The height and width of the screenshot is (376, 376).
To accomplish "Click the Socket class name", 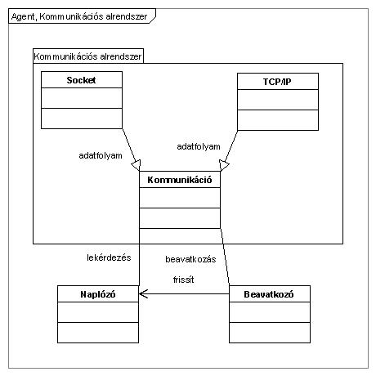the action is pyautogui.click(x=81, y=80).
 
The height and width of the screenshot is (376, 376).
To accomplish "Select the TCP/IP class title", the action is pyautogui.click(x=277, y=82).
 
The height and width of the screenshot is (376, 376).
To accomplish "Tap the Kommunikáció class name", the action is pyautogui.click(x=180, y=180).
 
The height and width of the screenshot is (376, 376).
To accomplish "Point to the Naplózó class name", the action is pyautogui.click(x=98, y=294).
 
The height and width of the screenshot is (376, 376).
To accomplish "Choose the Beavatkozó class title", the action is pyautogui.click(x=269, y=294).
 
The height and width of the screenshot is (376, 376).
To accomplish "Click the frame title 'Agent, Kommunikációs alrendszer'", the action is pyautogui.click(x=79, y=16).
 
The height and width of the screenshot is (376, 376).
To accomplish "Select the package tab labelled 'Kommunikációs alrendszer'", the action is pyautogui.click(x=87, y=56).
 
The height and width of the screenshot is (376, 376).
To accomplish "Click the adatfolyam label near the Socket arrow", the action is pyautogui.click(x=101, y=155).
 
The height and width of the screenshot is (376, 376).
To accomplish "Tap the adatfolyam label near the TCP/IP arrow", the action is pyautogui.click(x=199, y=146).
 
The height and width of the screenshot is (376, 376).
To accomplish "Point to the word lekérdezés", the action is pyautogui.click(x=109, y=257).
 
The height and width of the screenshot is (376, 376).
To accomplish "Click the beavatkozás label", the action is pyautogui.click(x=190, y=259).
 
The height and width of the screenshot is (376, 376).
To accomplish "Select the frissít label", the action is pyautogui.click(x=184, y=280).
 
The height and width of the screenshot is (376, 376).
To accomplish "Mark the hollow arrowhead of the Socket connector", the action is pyautogui.click(x=137, y=165).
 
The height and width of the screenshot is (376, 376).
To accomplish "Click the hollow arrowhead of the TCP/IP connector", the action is pyautogui.click(x=223, y=165).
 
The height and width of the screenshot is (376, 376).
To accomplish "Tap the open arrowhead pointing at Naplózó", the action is pyautogui.click(x=143, y=293).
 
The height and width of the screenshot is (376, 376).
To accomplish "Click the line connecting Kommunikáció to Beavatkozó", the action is pyautogui.click(x=225, y=257).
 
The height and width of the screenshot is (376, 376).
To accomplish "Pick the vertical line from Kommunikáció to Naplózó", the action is pyautogui.click(x=139, y=257).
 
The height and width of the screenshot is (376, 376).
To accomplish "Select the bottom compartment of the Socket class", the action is pyautogui.click(x=82, y=119).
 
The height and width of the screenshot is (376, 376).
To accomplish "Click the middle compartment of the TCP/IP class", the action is pyautogui.click(x=278, y=100).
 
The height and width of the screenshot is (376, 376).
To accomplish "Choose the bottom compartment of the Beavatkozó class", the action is pyautogui.click(x=270, y=333).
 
